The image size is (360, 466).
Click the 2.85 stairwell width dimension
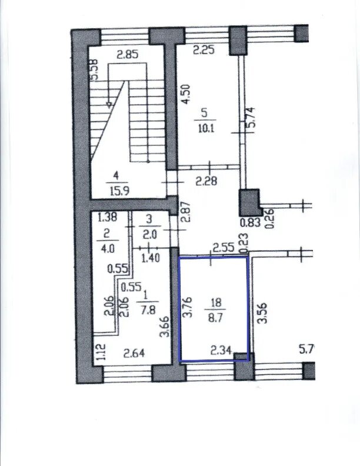click(x=127, y=55)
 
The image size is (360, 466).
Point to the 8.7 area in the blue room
click(x=216, y=318)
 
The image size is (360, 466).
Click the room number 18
click(x=216, y=303)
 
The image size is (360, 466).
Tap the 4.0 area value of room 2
click(x=108, y=248)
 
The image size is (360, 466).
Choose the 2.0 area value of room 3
click(x=149, y=235)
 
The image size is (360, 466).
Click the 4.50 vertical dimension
click(x=186, y=94)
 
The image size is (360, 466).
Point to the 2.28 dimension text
click(x=206, y=181)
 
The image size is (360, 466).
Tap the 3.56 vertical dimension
click(x=262, y=313)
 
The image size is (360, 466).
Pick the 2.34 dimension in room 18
click(x=221, y=351)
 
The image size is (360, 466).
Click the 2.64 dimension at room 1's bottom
click(x=134, y=354)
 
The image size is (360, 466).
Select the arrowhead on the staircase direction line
click(x=109, y=105)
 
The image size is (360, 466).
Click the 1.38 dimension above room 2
click(x=107, y=218)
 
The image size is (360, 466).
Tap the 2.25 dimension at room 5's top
click(x=204, y=49)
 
